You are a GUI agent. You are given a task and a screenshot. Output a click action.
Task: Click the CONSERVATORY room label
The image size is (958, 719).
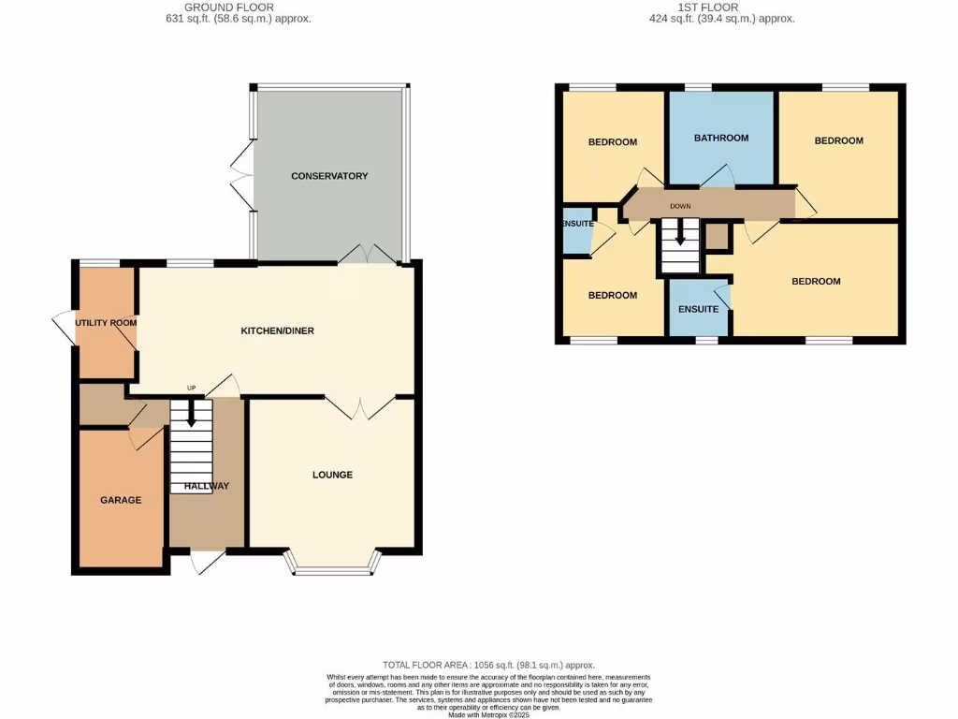[x=329, y=176]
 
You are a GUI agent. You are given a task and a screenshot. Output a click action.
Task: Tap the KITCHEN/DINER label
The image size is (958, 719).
[x=277, y=331]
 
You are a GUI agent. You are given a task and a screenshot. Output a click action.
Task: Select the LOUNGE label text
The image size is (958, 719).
[x=332, y=475]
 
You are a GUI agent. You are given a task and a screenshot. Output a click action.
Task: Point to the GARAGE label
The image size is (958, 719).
[x=121, y=500]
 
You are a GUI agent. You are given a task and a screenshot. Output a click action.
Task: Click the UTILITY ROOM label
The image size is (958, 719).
[x=106, y=323]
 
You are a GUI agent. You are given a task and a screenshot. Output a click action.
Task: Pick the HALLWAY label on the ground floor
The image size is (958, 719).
[x=206, y=486]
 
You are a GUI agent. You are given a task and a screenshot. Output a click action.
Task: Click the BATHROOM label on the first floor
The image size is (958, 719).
[x=720, y=139]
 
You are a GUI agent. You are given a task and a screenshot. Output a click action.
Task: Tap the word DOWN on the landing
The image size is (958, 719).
[x=680, y=205]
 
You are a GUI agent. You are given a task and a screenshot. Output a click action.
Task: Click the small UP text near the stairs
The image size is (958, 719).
[x=191, y=389]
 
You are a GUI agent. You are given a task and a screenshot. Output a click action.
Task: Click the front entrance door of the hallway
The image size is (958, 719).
[x=206, y=561]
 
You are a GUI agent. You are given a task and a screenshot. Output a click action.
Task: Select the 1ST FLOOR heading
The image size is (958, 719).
[x=720, y=7]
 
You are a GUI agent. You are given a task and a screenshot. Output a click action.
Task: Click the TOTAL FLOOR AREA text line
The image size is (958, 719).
[x=488, y=665]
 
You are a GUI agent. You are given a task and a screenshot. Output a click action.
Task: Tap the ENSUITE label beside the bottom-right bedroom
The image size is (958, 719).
[x=698, y=309]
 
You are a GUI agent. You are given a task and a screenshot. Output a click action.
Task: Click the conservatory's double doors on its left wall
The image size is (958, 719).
[x=241, y=175]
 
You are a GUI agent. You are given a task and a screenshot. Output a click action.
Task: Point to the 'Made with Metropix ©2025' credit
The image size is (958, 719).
[x=488, y=714]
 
